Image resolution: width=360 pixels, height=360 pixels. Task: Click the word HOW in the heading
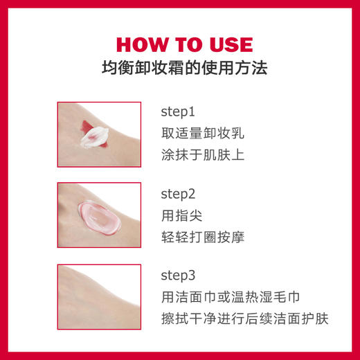(x=141, y=45)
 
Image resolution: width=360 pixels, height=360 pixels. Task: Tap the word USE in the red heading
(x=226, y=45)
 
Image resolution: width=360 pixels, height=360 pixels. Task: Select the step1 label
(x=179, y=110)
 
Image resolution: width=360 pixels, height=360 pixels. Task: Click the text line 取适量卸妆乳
(x=202, y=132)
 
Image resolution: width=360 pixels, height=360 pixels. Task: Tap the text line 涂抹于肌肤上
(x=202, y=154)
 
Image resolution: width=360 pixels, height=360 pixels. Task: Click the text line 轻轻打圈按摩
(x=202, y=237)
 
